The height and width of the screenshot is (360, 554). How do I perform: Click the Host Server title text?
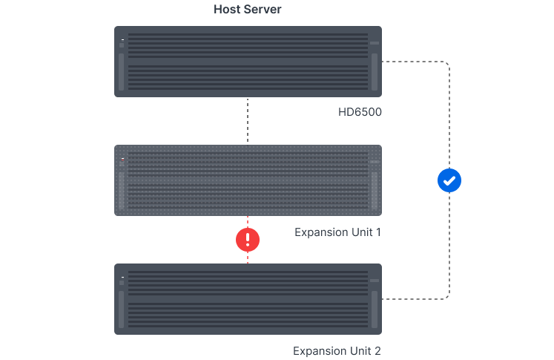248,10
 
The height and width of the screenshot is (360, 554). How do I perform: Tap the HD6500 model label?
360,113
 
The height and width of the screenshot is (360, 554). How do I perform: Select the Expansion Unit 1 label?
337,232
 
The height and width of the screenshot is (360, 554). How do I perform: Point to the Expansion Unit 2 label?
337,350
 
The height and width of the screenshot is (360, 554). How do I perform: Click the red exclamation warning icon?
248,239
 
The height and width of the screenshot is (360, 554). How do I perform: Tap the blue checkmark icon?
449,180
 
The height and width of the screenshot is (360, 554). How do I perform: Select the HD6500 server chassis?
248,62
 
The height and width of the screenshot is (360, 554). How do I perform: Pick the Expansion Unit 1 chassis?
248,180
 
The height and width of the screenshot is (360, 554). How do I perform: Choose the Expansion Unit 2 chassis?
248,298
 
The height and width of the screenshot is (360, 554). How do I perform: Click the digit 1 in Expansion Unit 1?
378,232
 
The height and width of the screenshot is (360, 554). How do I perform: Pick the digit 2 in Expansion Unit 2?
377,350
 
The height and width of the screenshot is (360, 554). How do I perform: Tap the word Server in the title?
263,10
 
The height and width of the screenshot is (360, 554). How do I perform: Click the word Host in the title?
226,10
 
